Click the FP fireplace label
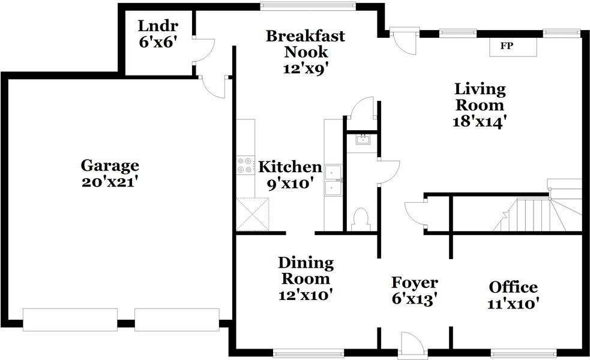tap(507, 46)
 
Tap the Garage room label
tap(110, 166)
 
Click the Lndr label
tap(158, 26)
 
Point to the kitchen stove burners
tap(244, 166)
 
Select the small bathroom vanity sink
tap(363, 140)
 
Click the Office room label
tap(513, 287)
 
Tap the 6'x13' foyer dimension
tap(414, 299)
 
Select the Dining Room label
tap(306, 271)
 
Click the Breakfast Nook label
tap(305, 44)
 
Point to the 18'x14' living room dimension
tap(478, 122)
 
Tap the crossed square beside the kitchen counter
tap(253, 214)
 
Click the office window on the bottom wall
tap(523, 353)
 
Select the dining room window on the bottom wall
tap(308, 353)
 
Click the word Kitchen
tap(290, 167)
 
